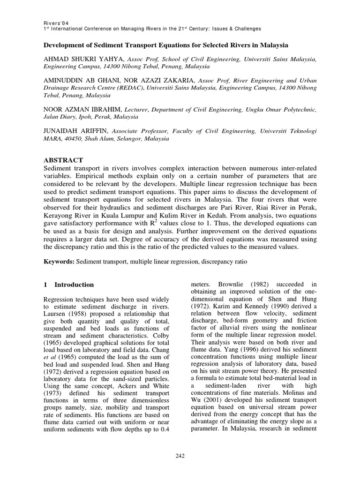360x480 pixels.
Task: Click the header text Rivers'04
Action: click(56, 22)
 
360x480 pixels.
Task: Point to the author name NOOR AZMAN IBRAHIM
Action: click(81, 110)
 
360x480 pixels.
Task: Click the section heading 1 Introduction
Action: click(68, 285)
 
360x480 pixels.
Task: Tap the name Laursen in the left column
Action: click(55, 313)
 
